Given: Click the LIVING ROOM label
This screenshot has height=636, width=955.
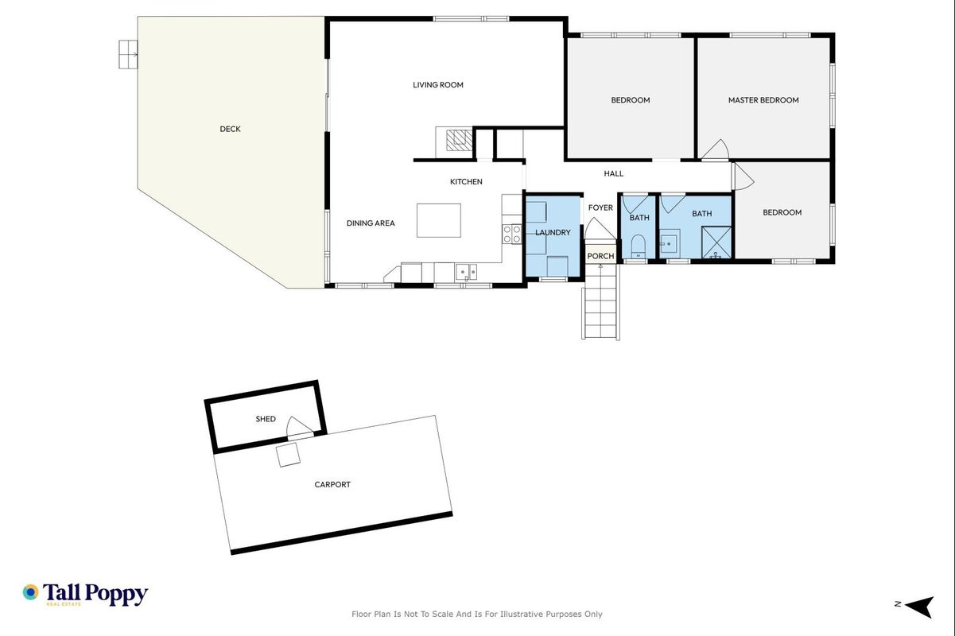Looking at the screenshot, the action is (x=438, y=85).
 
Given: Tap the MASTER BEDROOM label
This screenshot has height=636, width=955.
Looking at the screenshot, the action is (x=763, y=100).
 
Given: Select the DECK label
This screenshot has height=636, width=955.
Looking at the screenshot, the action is (x=231, y=129).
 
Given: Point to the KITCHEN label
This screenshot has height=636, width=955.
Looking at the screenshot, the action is (x=466, y=181).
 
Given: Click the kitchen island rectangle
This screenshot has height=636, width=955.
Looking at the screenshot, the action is (x=439, y=220).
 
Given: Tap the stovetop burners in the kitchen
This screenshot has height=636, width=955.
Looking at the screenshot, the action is (x=511, y=234).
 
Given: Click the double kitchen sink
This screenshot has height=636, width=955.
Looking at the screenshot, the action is (x=466, y=272).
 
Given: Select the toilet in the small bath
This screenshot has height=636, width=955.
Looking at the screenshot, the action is (x=639, y=246).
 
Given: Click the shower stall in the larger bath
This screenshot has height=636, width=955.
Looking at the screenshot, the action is (x=716, y=242).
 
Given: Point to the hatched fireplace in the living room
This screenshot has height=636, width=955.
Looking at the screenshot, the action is (x=459, y=140).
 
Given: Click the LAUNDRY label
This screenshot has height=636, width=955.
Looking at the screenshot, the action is (x=553, y=232).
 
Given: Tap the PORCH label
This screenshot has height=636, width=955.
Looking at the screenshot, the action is (x=600, y=256).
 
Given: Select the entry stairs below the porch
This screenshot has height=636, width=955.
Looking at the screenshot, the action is (x=600, y=302).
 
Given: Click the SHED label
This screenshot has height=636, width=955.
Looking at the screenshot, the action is (x=265, y=419).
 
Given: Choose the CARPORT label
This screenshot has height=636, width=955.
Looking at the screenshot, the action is (x=332, y=485).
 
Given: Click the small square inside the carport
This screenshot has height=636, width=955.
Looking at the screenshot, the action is (x=288, y=456).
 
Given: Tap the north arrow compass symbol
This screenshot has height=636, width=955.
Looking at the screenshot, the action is (x=918, y=607).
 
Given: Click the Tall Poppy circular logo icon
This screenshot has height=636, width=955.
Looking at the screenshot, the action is (x=30, y=592).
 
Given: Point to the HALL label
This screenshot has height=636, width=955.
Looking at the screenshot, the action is (x=614, y=173).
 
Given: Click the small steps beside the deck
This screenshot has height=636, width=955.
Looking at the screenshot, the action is (x=128, y=54).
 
